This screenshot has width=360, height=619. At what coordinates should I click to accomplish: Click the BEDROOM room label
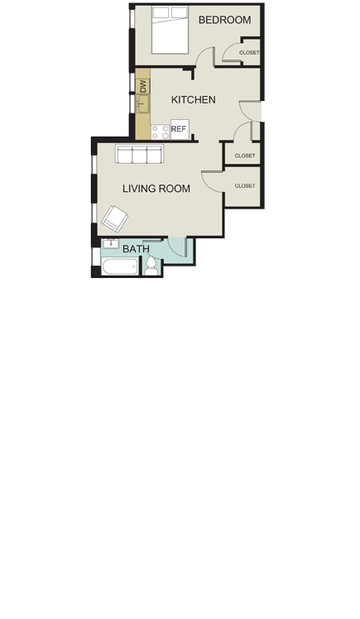click(224, 20)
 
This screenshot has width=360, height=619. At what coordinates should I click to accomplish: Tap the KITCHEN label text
click(193, 100)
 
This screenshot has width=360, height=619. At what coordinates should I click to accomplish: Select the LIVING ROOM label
click(156, 189)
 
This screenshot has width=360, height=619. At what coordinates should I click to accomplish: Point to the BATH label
click(136, 248)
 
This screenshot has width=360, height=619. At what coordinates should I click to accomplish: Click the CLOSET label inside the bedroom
click(248, 53)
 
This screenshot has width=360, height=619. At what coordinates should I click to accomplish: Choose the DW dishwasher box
click(143, 85)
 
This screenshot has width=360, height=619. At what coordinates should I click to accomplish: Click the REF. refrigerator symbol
click(179, 128)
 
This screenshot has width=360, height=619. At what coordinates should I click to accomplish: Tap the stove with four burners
click(160, 130)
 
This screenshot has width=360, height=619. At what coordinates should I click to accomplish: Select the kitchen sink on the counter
click(143, 104)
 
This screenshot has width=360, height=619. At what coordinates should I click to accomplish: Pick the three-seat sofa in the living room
click(140, 155)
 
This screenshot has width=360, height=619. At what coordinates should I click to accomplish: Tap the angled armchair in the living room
click(114, 218)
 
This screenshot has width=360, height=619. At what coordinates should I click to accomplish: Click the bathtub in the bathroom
click(121, 266)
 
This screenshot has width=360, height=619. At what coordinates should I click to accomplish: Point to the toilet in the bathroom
click(151, 266)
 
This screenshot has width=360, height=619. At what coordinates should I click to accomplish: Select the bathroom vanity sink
click(110, 244)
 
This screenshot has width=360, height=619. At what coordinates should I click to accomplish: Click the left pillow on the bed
click(161, 12)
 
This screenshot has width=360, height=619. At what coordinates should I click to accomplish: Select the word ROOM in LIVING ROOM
click(175, 189)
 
